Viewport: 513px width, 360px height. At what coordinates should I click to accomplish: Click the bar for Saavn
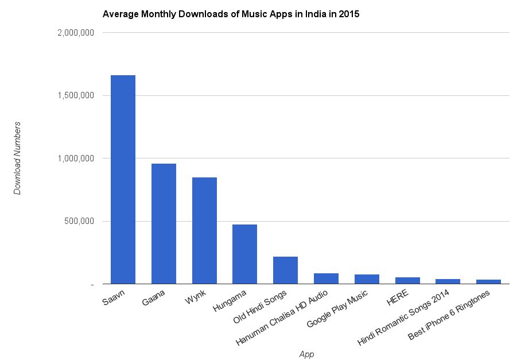[123, 179]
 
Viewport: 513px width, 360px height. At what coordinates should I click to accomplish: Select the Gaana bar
[164, 223]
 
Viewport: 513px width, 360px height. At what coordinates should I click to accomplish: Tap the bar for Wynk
[204, 230]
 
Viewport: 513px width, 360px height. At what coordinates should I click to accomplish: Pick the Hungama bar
[244, 254]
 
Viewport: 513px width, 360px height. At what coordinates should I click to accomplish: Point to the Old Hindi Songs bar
[285, 270]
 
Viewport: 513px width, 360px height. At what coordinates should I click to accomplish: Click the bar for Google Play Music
[367, 279]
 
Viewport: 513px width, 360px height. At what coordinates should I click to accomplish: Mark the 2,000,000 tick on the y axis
[76, 33]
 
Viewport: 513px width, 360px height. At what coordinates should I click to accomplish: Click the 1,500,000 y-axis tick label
[76, 95]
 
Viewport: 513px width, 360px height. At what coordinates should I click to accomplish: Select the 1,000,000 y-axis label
[76, 158]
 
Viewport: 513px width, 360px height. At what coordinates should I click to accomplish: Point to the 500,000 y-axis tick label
[80, 221]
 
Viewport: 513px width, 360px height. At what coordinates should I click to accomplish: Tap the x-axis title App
[307, 354]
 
